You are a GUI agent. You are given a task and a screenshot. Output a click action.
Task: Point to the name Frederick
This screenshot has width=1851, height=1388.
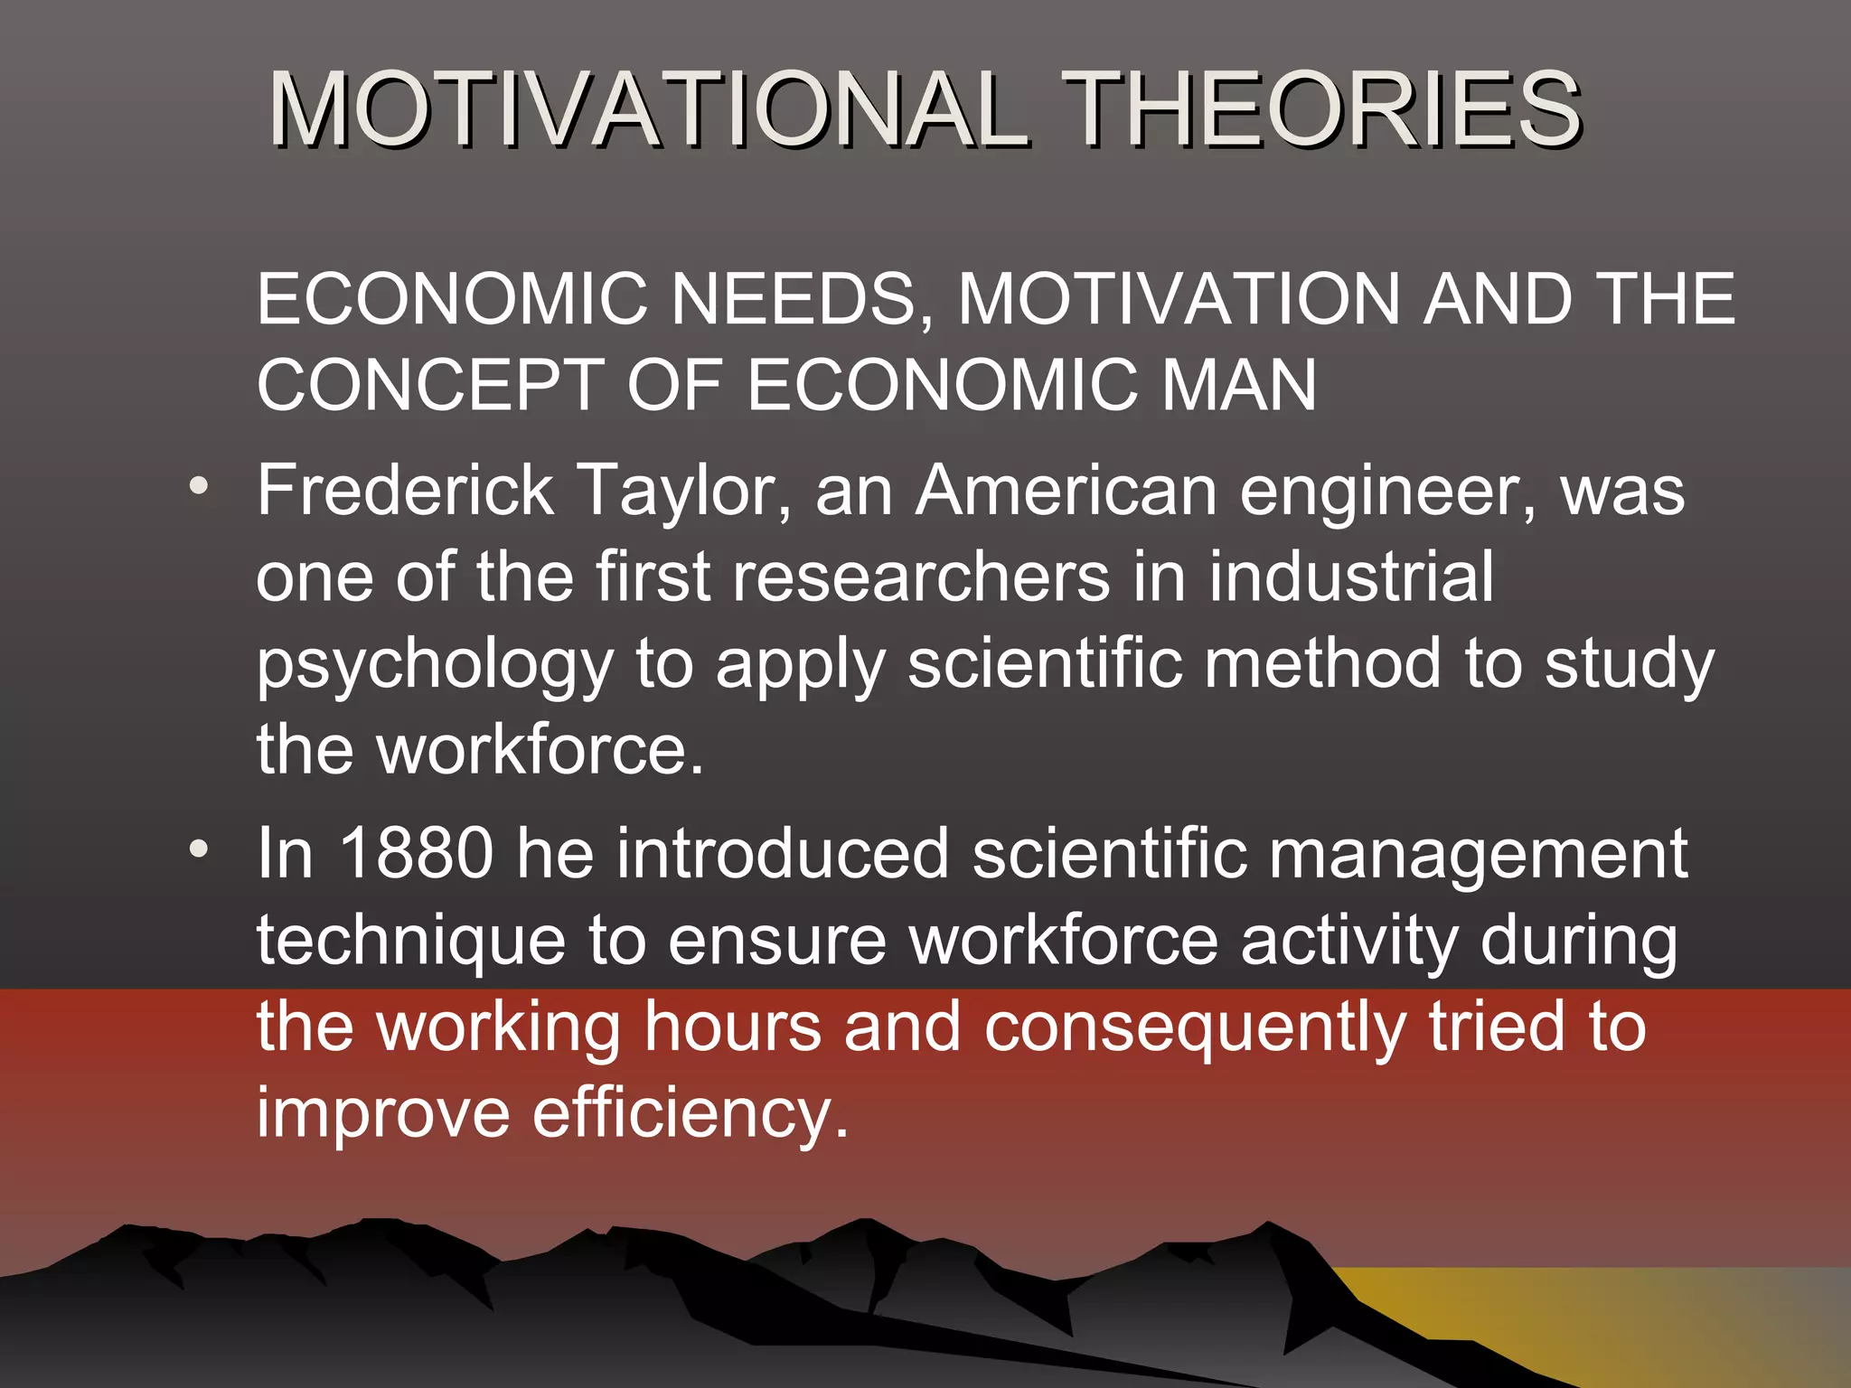(405, 490)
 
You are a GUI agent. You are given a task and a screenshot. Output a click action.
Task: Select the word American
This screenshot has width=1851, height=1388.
(1066, 490)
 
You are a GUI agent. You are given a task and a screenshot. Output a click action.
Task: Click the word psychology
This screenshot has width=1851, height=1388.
(435, 667)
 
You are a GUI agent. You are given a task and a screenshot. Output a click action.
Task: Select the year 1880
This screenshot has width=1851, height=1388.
(416, 853)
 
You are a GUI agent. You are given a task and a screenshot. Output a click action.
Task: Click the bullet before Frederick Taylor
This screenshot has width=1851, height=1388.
(199, 486)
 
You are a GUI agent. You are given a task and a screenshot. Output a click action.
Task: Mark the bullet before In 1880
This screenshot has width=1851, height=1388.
(199, 849)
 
